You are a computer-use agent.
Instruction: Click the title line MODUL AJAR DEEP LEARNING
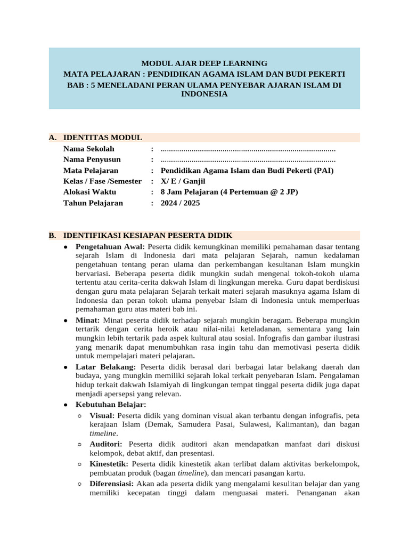tap(204, 63)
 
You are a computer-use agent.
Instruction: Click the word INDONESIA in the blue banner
tap(204, 94)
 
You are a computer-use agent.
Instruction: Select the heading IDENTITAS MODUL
tap(102, 138)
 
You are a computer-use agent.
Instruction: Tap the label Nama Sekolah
tap(88, 149)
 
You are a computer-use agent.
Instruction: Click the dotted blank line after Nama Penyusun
tap(248, 160)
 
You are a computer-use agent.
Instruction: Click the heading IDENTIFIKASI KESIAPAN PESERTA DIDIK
tap(148, 235)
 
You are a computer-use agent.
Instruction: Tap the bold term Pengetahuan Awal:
tap(110, 247)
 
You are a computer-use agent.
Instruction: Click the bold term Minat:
tap(88, 320)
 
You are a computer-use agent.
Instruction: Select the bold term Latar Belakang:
tap(106, 367)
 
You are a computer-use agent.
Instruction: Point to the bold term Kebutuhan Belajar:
tap(107, 405)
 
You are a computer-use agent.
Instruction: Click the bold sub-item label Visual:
tap(102, 415)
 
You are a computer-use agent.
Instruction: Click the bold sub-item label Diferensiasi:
tap(112, 484)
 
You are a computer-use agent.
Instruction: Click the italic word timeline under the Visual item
tap(103, 433)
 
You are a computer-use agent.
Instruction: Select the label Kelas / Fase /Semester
tap(102, 181)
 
